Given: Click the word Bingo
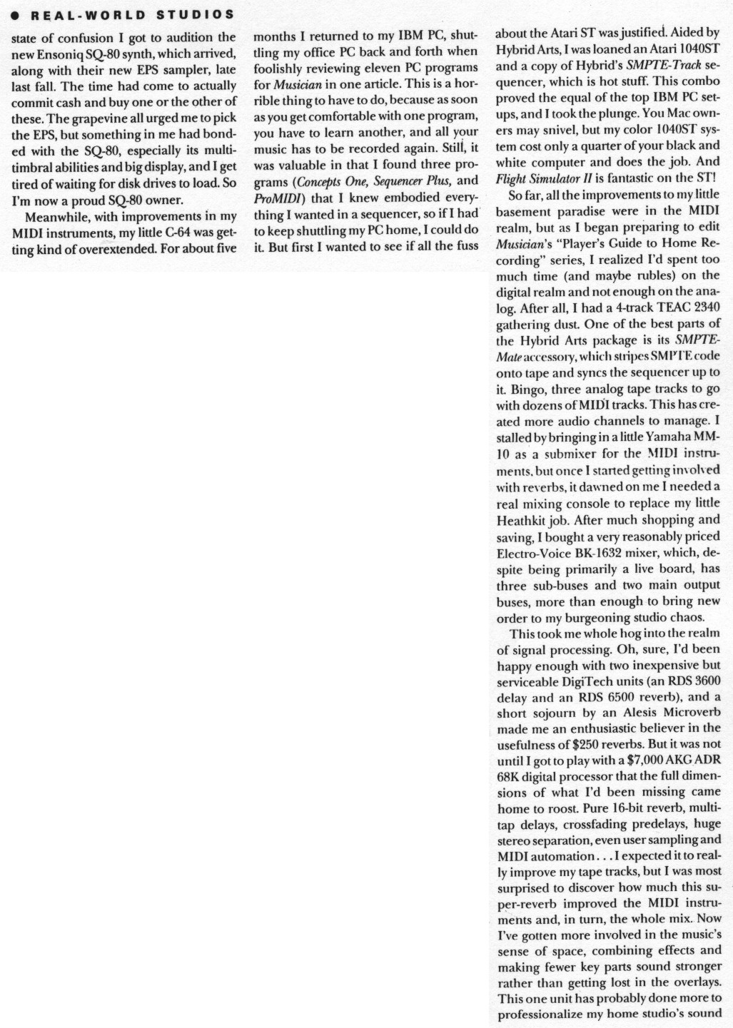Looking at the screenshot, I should (527, 389).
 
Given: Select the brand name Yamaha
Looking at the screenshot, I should (662, 437).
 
